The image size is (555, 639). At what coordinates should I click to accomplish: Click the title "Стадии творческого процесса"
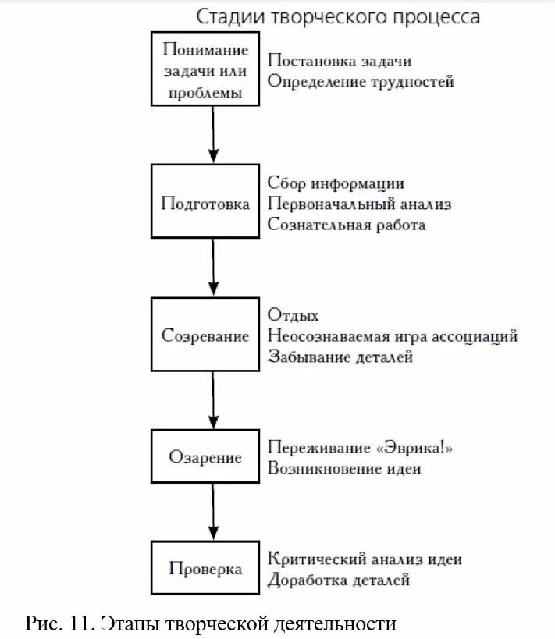337,16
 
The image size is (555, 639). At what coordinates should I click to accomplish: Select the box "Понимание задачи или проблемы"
205,71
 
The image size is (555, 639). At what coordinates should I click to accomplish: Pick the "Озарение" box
205,457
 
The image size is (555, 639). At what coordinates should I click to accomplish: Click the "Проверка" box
205,569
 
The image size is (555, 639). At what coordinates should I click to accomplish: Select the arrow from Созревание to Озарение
212,400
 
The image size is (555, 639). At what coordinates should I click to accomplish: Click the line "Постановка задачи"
339,60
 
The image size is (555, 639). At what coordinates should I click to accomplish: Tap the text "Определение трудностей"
360,81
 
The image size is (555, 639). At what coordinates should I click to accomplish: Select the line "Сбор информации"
336,183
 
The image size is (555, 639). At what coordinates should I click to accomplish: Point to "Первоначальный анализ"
359,204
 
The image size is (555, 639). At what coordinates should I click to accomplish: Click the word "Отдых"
293,315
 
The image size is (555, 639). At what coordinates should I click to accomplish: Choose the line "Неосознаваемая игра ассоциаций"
392,336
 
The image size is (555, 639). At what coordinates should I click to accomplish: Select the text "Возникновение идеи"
344,469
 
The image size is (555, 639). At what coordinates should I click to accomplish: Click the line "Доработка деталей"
338,580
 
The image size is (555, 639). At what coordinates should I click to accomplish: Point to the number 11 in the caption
79,623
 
